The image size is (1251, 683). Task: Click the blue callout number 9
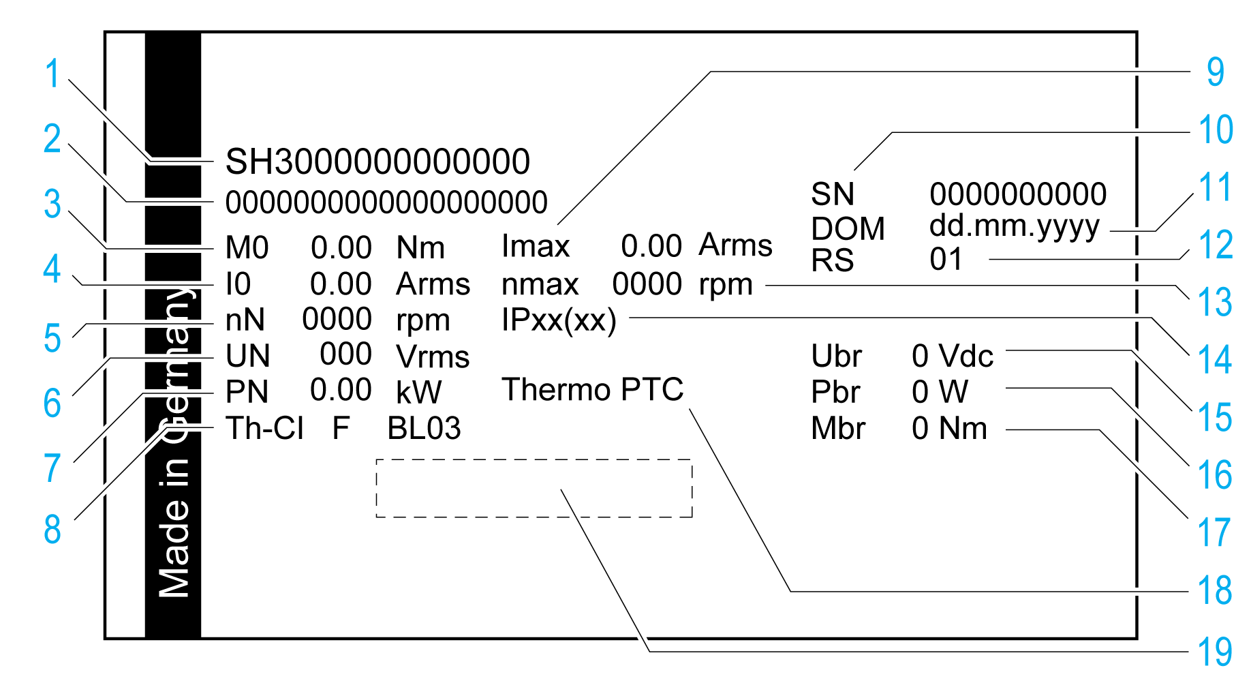[x=1215, y=72]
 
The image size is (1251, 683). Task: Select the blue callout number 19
[x=1215, y=652]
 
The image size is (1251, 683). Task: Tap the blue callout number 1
[x=52, y=74]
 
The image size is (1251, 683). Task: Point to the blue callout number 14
[x=1215, y=359]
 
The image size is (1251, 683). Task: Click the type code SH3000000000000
[x=377, y=162]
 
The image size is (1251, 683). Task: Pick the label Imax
[x=536, y=246]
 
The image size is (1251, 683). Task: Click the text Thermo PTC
[x=592, y=390]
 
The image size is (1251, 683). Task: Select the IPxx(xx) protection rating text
[x=559, y=320]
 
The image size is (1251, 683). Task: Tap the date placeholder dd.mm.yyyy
[x=1015, y=226]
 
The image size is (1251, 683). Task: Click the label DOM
[x=848, y=228]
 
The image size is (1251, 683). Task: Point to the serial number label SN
[x=833, y=194]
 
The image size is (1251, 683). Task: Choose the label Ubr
[x=836, y=356]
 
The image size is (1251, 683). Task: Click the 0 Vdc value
[x=953, y=356]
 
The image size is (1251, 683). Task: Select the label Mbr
[x=838, y=429]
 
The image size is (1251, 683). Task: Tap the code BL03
[x=424, y=429]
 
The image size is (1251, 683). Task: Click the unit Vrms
[x=433, y=356]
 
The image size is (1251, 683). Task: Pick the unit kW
[x=418, y=392]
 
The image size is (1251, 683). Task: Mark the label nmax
[x=540, y=284]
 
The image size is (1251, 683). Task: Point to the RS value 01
[x=946, y=260]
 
